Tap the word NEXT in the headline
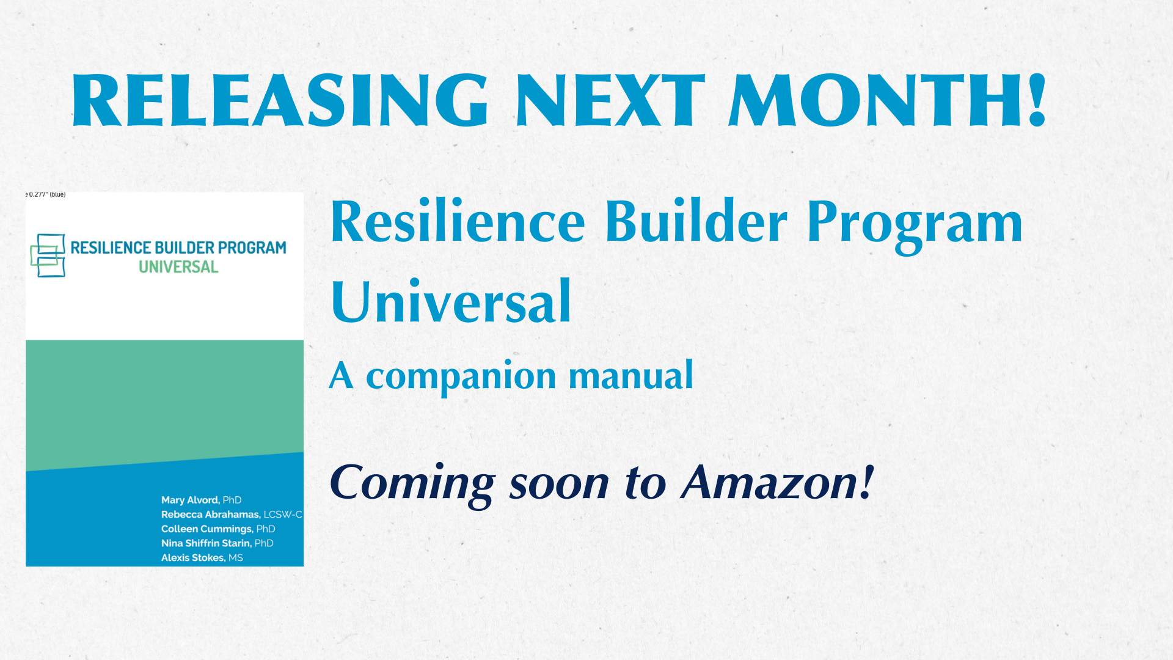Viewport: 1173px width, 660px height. point(611,100)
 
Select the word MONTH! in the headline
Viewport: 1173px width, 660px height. point(888,100)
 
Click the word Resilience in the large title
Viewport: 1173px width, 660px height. point(458,221)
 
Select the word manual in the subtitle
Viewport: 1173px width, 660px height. point(631,375)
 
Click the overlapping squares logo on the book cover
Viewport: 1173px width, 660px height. point(48,255)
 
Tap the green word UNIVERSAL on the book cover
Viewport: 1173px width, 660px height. point(178,267)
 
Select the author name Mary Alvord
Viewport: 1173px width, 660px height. point(189,500)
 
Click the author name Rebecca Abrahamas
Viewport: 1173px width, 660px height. point(211,515)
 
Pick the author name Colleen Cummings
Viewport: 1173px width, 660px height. point(206,529)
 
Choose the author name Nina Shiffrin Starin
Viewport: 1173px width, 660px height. point(206,543)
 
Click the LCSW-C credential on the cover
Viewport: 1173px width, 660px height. point(283,515)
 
